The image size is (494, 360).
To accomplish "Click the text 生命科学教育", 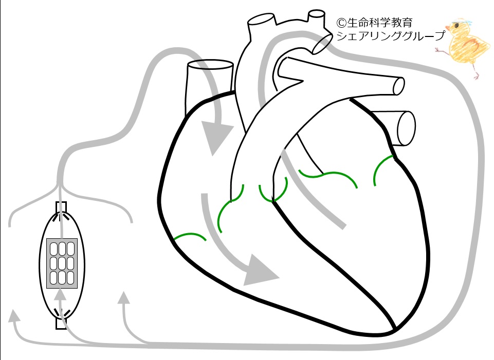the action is point(380,23).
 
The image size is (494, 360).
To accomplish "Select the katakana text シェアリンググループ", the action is point(391,35).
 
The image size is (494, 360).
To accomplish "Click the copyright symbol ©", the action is point(342,23).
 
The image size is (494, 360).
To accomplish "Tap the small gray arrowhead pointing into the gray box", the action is point(61,295).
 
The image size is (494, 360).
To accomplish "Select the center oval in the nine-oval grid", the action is point(62,263).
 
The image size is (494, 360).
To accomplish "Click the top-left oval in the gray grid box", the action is point(54,249).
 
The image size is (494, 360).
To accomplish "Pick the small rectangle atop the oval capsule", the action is point(61,207).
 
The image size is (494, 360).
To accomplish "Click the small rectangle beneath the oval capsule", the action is point(61,324).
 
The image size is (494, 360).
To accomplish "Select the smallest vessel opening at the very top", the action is point(316,14).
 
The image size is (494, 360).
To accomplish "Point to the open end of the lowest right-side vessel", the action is point(407,128).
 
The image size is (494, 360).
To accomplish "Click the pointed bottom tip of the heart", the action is point(394,330).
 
